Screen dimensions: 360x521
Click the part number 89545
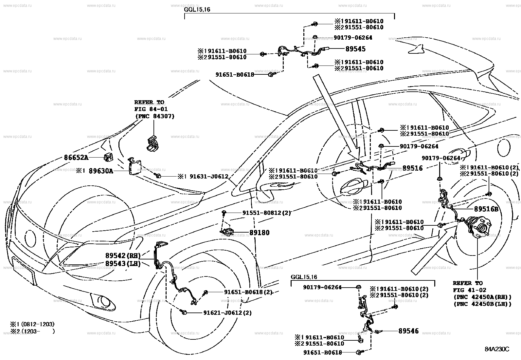355,49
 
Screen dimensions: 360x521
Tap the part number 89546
408,331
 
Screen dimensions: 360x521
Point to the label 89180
260,233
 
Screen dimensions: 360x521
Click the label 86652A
76,158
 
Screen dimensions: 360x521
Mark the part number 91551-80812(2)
266,213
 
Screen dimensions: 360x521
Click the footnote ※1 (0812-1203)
32,324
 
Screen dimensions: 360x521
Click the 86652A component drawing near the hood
108,158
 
